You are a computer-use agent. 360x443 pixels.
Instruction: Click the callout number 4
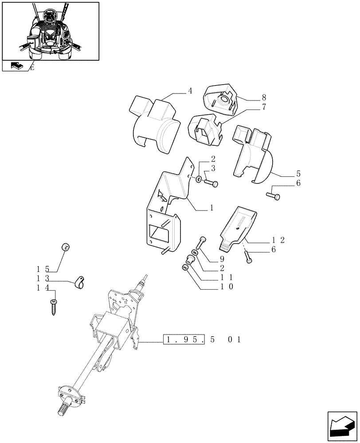pyautogui.click(x=190, y=92)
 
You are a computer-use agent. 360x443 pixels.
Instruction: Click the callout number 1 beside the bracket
pyautogui.click(x=212, y=207)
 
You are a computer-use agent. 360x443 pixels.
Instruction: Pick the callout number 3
pyautogui.click(x=213, y=168)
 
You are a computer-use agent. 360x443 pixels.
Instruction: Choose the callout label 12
pyautogui.click(x=278, y=240)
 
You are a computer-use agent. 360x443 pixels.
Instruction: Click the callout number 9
pyautogui.click(x=221, y=259)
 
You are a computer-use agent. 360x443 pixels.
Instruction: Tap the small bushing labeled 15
pyautogui.click(x=67, y=247)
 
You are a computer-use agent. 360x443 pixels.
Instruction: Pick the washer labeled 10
pyautogui.click(x=185, y=268)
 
